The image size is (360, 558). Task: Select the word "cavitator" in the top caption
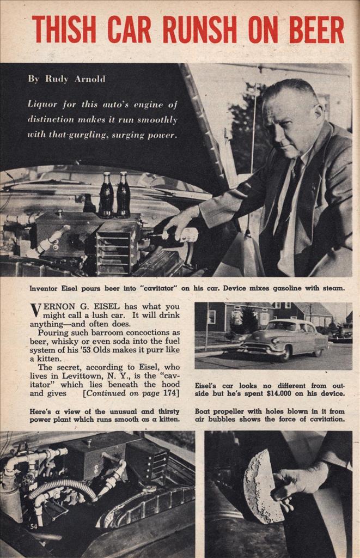[x=173, y=288]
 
